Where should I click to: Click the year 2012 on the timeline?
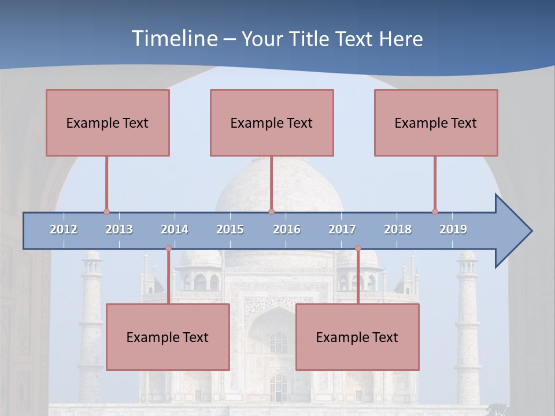click(x=64, y=229)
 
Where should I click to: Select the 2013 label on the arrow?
click(x=119, y=229)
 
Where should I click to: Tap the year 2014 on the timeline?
click(x=175, y=229)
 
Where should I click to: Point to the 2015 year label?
click(x=230, y=229)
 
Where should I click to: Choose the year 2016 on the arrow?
click(x=287, y=229)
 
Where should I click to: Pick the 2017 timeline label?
click(x=342, y=229)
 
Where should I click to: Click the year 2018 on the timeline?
click(x=398, y=229)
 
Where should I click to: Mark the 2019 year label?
click(x=453, y=229)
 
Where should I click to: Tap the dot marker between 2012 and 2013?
click(x=106, y=212)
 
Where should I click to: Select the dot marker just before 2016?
click(x=271, y=212)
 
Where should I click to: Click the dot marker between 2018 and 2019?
click(x=435, y=212)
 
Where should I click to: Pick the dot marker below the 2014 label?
click(x=168, y=248)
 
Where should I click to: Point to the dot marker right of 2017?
click(x=358, y=248)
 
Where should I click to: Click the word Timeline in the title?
click(x=173, y=39)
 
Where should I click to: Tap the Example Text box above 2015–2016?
click(x=272, y=122)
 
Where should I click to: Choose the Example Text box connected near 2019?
click(x=436, y=122)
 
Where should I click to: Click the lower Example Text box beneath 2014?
click(x=168, y=337)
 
